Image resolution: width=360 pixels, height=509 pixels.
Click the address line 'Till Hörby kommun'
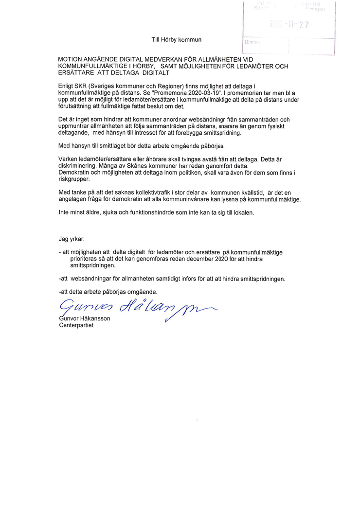tap(176, 39)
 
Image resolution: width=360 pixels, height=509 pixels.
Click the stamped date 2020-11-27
tap(289, 25)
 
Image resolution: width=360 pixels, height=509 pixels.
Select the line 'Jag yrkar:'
tap(71, 239)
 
